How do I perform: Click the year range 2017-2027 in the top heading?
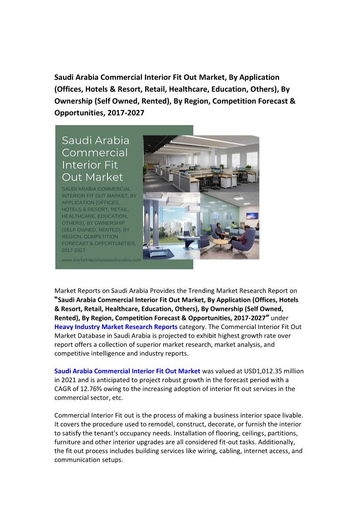pos(126,113)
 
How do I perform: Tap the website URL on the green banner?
pos(101,260)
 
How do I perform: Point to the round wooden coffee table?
pos(220,242)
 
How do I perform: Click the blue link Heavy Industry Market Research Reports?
pos(116,327)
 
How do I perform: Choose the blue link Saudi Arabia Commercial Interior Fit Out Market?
pos(127,371)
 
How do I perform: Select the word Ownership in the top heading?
pos(73,101)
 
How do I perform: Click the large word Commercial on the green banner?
pos(95,153)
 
